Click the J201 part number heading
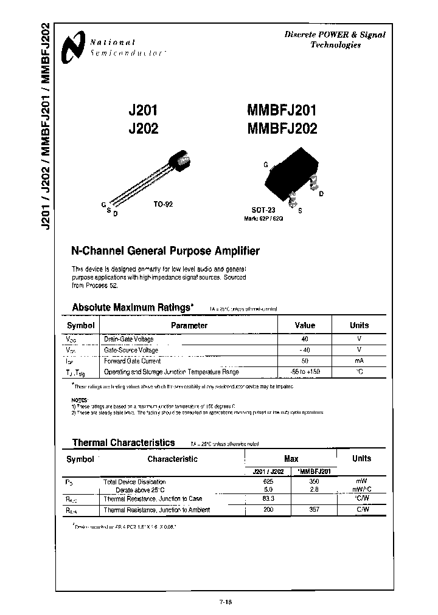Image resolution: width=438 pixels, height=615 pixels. click(144, 111)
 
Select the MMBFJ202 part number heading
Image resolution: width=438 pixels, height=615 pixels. click(282, 128)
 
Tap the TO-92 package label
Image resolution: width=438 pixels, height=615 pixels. click(163, 205)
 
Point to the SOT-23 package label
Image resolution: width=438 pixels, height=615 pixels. click(263, 209)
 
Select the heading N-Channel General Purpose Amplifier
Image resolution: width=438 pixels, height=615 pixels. click(165, 251)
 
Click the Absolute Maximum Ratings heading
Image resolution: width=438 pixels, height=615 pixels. click(133, 307)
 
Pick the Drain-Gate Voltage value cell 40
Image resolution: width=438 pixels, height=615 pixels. click(305, 339)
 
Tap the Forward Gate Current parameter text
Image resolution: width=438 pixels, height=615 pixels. click(132, 361)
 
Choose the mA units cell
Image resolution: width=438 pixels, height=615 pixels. click(359, 361)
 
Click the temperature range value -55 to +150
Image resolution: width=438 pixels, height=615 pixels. click(305, 372)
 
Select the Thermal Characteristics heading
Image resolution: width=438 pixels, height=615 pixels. click(123, 443)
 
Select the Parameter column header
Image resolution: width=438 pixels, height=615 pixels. click(189, 326)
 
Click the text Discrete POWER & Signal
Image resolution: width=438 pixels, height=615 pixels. click(335, 35)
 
